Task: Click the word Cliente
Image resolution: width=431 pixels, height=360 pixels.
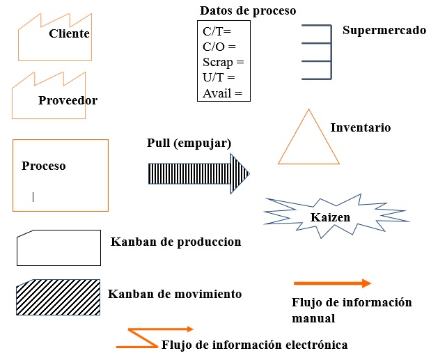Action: click(x=70, y=33)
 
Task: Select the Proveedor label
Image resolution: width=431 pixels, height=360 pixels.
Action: click(x=68, y=100)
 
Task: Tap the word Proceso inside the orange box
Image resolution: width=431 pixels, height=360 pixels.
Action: click(x=43, y=166)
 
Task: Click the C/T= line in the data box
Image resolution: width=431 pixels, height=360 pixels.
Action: click(x=217, y=32)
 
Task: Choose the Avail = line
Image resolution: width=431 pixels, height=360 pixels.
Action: click(x=222, y=93)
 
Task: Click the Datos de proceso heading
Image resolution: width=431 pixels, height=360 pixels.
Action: click(x=248, y=10)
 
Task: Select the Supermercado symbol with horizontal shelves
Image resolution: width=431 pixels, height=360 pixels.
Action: click(x=319, y=52)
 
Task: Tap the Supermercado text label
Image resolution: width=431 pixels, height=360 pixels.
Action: click(x=384, y=31)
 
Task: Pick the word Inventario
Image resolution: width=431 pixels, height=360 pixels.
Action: click(x=360, y=127)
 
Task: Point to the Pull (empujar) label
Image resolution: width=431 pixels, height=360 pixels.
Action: click(x=189, y=143)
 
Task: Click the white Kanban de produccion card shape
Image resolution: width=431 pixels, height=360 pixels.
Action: click(x=58, y=248)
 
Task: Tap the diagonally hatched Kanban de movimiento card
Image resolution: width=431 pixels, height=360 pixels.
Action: click(x=58, y=298)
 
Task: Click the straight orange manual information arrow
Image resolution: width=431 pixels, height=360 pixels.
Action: click(x=332, y=283)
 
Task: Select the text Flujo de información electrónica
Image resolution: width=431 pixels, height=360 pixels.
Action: click(x=254, y=345)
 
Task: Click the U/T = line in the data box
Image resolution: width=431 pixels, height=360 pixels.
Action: click(x=219, y=78)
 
